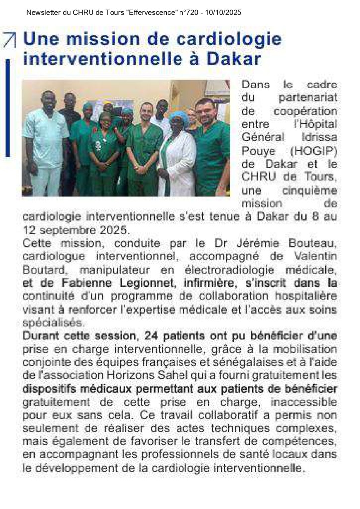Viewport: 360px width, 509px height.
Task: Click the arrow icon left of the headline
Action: pos(9,39)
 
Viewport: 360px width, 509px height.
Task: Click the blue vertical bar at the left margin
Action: pos(7,107)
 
